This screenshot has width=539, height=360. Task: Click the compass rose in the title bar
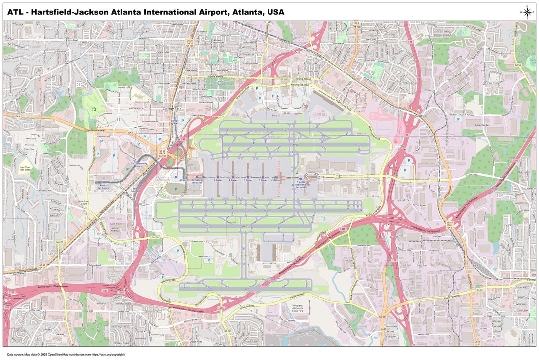[x=527, y=12]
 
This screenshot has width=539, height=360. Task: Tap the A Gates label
[x=218, y=180]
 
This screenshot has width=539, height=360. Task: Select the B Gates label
[x=233, y=180]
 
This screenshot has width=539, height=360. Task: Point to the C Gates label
[x=248, y=180]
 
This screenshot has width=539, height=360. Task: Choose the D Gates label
[x=263, y=180]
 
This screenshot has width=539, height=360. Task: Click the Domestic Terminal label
[x=197, y=182]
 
